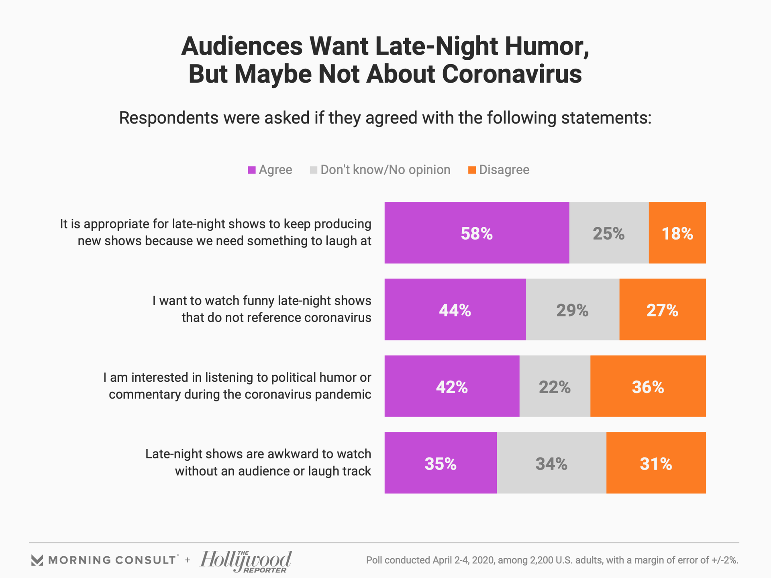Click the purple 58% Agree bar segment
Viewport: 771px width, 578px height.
pyautogui.click(x=477, y=233)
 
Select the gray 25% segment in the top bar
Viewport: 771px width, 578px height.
pyautogui.click(x=609, y=233)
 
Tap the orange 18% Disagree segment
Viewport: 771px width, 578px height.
pyautogui.click(x=677, y=233)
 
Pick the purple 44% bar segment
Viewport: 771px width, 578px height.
pyautogui.click(x=455, y=309)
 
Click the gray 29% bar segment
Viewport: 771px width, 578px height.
pyautogui.click(x=572, y=309)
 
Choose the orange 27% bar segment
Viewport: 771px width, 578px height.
pyautogui.click(x=662, y=309)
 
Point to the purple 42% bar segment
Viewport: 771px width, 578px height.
pyautogui.click(x=452, y=386)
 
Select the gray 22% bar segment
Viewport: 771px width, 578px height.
pyautogui.click(x=555, y=386)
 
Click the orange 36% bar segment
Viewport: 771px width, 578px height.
pyautogui.click(x=648, y=386)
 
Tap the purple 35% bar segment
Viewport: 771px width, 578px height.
pyautogui.click(x=441, y=463)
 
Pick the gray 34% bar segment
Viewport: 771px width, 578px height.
pyautogui.click(x=551, y=463)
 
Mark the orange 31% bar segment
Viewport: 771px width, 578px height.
pyautogui.click(x=656, y=463)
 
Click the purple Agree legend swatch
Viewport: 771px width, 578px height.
pyautogui.click(x=252, y=170)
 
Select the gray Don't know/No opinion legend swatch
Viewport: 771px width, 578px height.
pyautogui.click(x=314, y=170)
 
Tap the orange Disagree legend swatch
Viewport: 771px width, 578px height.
pyautogui.click(x=472, y=170)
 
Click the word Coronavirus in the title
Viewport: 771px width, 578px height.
pyautogui.click(x=512, y=74)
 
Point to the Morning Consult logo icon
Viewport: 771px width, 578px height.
pyautogui.click(x=37, y=560)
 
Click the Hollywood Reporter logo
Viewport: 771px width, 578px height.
pyautogui.click(x=246, y=561)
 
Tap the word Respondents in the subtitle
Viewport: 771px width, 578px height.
pyautogui.click(x=169, y=118)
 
